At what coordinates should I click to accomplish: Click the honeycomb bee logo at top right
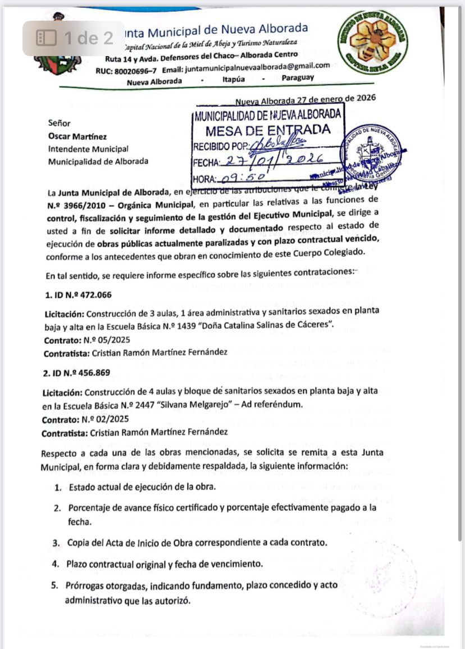click(x=373, y=44)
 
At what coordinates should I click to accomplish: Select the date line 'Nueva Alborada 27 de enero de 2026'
click(x=306, y=99)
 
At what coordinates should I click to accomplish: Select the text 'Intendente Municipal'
click(x=88, y=149)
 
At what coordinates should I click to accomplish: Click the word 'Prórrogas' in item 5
click(x=87, y=586)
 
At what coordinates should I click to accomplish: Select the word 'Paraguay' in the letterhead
click(x=298, y=78)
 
